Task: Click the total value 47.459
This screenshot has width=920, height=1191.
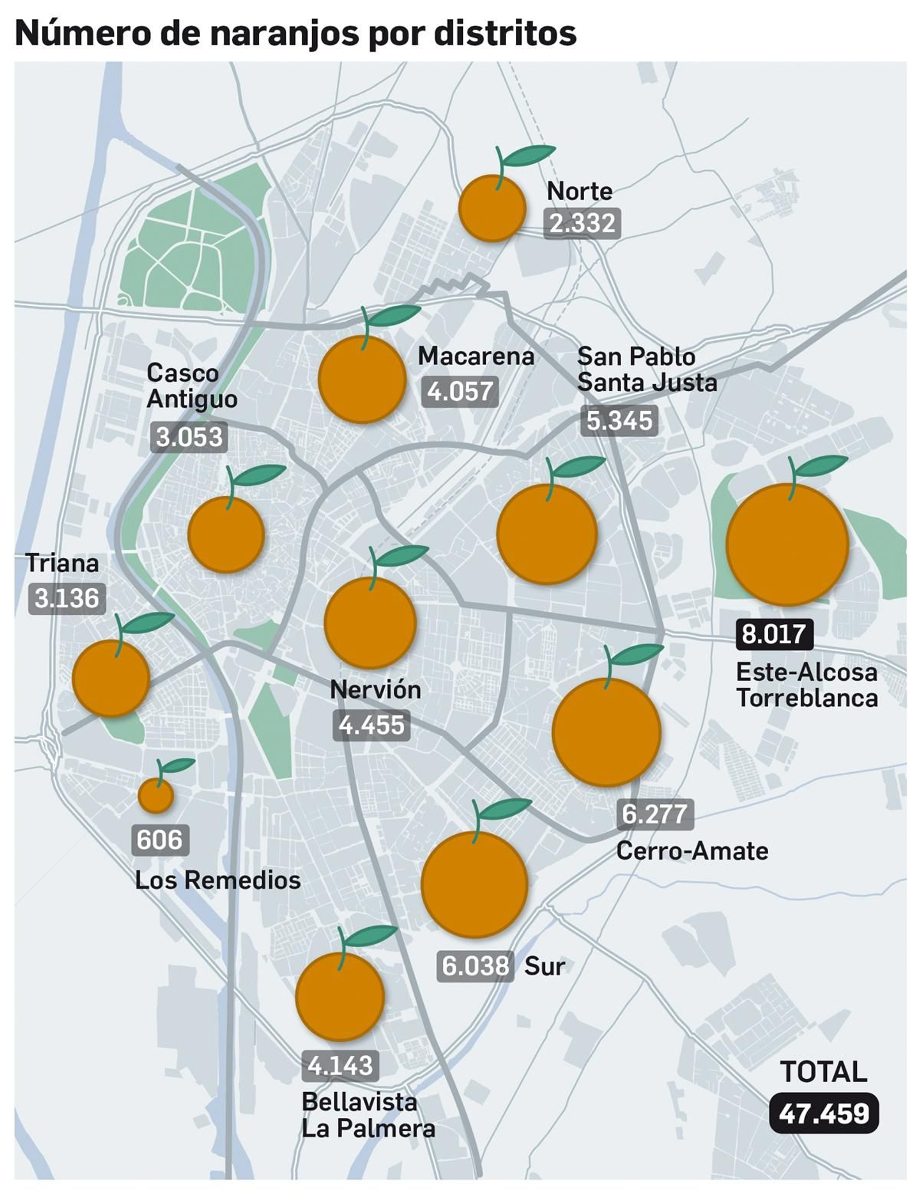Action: click(823, 1114)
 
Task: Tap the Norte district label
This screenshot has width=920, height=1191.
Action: click(579, 192)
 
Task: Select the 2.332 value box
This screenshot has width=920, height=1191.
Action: click(582, 223)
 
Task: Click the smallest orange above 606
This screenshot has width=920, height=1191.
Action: click(156, 795)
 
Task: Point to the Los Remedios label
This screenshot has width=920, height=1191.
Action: click(218, 880)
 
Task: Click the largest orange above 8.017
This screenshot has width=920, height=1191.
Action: click(787, 544)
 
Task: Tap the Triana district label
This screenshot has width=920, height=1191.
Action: click(62, 563)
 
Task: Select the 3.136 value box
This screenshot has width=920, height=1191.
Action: click(67, 598)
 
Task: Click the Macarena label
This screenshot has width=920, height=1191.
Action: click(476, 356)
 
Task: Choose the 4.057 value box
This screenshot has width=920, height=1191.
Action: click(459, 392)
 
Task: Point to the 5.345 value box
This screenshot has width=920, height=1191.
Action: click(619, 420)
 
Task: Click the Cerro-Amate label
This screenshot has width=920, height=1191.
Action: click(692, 851)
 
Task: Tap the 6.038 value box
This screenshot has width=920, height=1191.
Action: click(475, 966)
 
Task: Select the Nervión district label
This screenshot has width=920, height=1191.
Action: click(375, 690)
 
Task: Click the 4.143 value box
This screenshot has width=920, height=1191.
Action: click(340, 1065)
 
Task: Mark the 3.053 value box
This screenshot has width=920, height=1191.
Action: click(189, 437)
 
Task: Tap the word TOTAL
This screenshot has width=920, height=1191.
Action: click(823, 1071)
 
